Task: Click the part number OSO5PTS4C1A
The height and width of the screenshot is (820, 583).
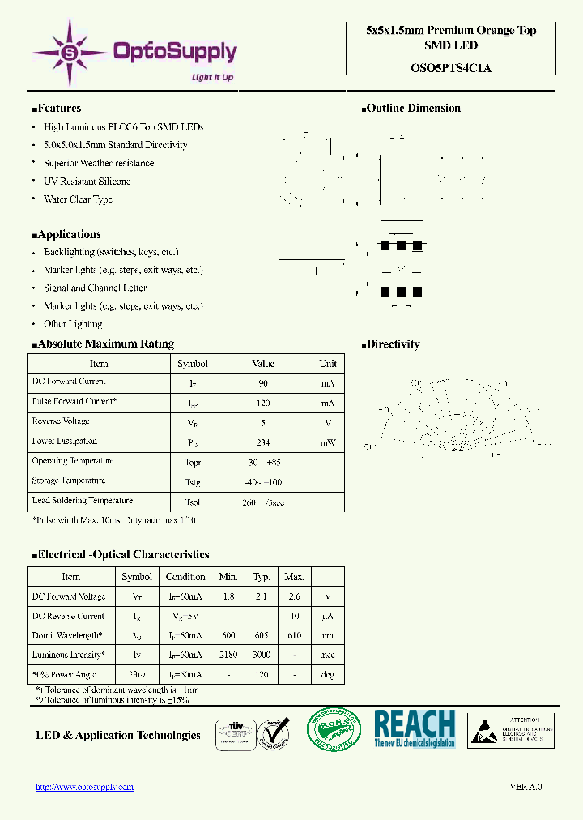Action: click(x=451, y=68)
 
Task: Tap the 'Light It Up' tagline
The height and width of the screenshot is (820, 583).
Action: click(x=212, y=78)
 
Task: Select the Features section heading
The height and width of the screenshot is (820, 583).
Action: click(x=57, y=109)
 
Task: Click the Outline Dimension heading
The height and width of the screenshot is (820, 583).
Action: click(x=413, y=109)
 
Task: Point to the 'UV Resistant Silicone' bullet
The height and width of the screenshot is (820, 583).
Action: click(x=87, y=182)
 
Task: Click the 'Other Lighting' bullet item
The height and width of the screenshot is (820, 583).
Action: click(x=73, y=324)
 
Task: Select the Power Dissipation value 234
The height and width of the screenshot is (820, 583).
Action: click(x=263, y=443)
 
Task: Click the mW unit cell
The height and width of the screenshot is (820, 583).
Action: click(x=327, y=443)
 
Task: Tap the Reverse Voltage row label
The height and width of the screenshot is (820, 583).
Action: click(x=61, y=421)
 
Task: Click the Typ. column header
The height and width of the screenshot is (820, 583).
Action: click(x=262, y=577)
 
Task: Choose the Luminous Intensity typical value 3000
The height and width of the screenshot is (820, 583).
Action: click(x=262, y=656)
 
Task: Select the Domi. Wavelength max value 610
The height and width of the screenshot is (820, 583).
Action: click(x=294, y=636)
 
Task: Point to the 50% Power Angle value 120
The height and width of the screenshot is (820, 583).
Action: click(x=262, y=675)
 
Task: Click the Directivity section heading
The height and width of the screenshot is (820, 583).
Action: click(x=393, y=344)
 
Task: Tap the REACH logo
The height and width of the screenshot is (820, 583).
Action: click(x=415, y=728)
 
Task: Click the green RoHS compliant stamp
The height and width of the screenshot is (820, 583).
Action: click(x=334, y=729)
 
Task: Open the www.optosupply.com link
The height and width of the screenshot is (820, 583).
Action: click(x=85, y=787)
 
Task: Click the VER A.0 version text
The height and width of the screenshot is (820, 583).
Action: click(x=526, y=787)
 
